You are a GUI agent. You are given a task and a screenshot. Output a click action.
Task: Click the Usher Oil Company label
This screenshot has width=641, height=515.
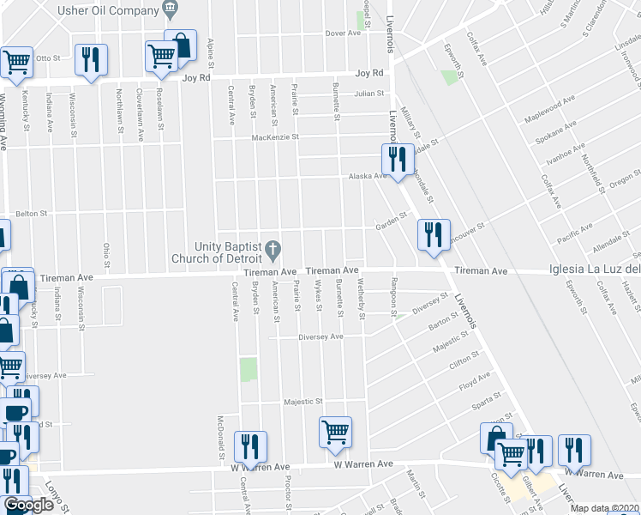coord(105,10)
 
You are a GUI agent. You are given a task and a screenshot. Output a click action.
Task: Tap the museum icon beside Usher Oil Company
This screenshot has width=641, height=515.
coord(171,10)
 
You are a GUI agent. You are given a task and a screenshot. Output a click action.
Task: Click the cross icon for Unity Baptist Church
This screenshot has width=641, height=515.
coord(273,251)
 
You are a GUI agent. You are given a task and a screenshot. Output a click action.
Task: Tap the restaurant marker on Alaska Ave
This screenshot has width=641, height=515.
coord(398,159)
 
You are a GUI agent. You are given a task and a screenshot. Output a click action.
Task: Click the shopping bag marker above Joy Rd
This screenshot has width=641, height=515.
coord(181,48)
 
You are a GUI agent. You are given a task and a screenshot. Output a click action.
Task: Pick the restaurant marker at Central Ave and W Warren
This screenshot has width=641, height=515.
coord(250,446)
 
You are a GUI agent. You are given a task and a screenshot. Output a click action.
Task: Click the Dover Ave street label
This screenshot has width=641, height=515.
coord(343,33)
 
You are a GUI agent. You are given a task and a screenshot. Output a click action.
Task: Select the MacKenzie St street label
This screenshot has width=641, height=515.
coord(274,137)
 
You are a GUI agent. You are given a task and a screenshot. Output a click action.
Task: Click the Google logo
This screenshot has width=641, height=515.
coord(28,506)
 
